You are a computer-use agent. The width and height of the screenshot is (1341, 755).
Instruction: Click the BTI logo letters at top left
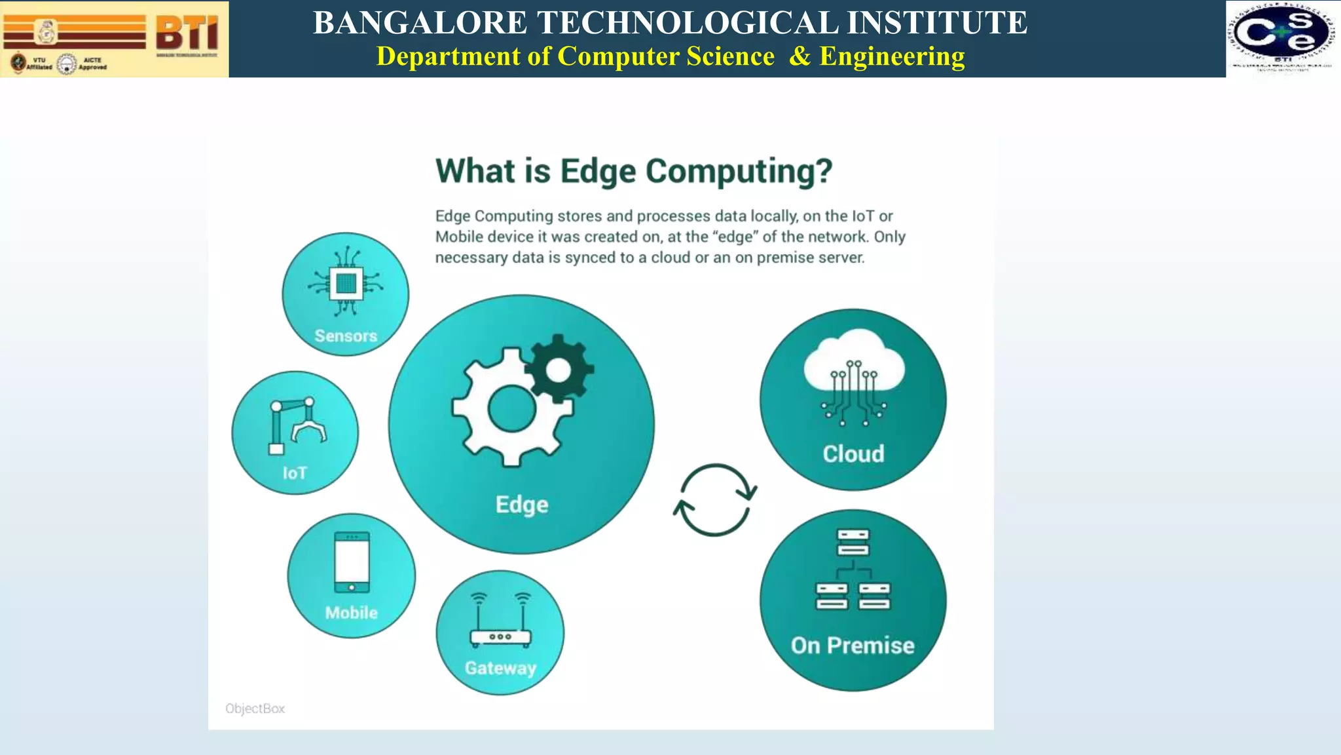[187, 33]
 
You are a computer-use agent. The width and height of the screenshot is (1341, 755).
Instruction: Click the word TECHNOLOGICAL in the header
[687, 23]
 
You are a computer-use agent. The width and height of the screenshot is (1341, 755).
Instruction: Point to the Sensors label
[346, 336]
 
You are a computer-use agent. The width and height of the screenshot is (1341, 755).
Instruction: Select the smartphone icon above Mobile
[352, 562]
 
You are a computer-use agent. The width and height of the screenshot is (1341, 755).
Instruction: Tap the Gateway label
[500, 668]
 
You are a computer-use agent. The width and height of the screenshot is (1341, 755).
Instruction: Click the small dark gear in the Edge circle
[559, 370]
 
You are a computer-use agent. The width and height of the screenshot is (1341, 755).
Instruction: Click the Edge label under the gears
[522, 505]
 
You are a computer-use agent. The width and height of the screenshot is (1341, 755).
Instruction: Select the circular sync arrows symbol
[715, 500]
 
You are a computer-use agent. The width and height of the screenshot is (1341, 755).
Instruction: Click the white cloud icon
[854, 367]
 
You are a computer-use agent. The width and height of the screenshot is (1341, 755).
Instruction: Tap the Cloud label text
[853, 454]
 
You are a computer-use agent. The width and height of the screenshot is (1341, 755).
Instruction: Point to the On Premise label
[853, 646]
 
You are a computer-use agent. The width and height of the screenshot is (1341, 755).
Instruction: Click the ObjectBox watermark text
[255, 709]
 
